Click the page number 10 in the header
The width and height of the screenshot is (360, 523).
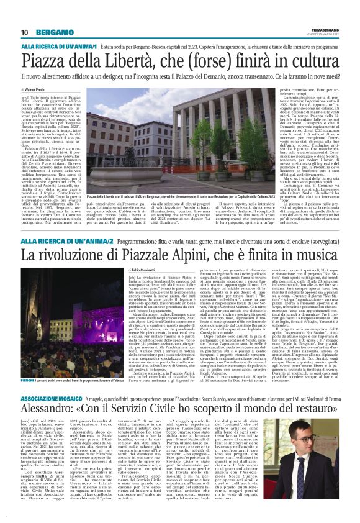[24, 32]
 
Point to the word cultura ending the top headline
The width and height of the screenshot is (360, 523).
[311, 61]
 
